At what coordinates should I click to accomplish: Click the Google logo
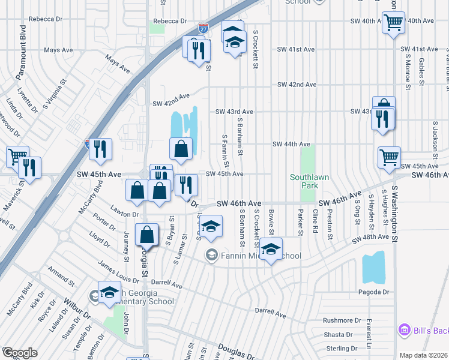click(x=20, y=353)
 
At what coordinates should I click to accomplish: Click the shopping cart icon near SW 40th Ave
click(x=393, y=23)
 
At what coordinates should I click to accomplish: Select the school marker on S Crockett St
click(x=271, y=248)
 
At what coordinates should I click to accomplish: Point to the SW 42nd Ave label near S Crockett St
click(x=297, y=85)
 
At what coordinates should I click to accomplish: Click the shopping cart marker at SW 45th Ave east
click(x=389, y=158)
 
